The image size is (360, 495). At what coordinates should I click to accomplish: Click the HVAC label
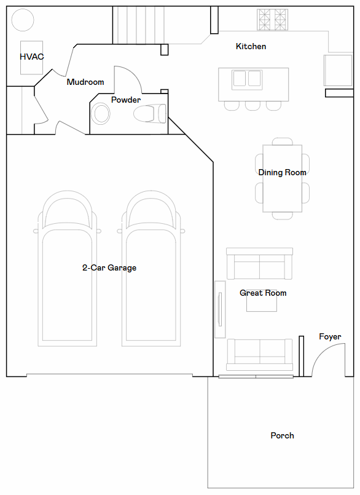tap(31, 57)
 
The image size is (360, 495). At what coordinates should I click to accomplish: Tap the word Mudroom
tap(85, 82)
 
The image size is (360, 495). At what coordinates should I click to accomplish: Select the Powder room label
tap(126, 100)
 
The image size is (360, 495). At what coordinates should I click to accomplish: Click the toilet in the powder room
tap(150, 113)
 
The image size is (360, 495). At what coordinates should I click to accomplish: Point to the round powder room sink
tap(101, 113)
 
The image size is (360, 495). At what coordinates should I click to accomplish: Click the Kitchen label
tap(251, 46)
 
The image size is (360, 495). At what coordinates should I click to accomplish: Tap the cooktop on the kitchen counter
tap(272, 20)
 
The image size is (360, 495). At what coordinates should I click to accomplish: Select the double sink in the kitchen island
tap(247, 80)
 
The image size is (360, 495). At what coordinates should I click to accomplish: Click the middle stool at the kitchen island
tap(252, 106)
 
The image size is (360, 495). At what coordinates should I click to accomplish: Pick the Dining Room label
tap(282, 172)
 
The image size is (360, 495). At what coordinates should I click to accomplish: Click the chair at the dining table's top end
tap(283, 141)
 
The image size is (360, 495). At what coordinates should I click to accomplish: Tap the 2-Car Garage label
tap(109, 267)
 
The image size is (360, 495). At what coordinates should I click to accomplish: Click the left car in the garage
tap(67, 268)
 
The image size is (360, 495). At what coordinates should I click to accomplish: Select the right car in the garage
tap(151, 268)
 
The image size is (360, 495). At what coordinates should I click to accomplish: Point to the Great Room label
tap(263, 293)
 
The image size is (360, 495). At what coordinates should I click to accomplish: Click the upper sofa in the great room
tap(259, 264)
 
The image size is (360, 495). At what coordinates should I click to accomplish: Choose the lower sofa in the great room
tap(259, 355)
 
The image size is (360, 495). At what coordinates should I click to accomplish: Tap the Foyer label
tap(330, 337)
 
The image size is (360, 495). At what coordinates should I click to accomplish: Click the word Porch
tap(282, 435)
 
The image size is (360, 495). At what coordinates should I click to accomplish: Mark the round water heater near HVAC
tap(23, 20)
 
